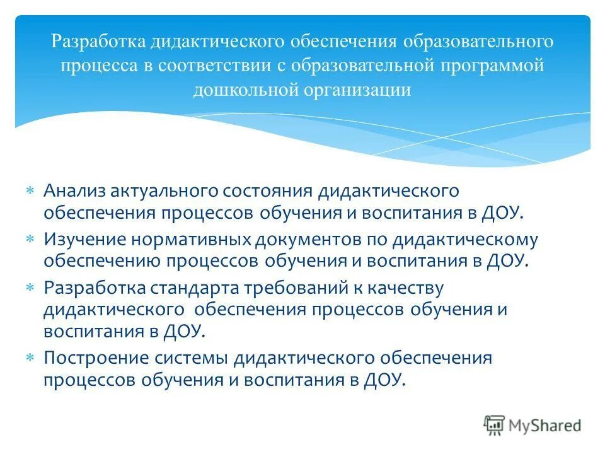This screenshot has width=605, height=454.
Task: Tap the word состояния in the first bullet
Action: tap(264, 190)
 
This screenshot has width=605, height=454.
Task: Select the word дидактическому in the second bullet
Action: tap(465, 240)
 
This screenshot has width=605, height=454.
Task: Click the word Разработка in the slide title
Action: tap(98, 42)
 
